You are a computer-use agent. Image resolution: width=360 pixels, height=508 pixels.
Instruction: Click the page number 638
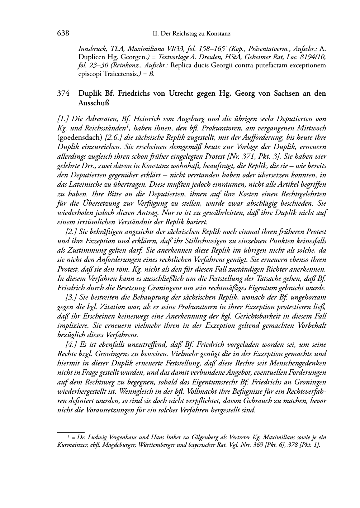click(63, 33)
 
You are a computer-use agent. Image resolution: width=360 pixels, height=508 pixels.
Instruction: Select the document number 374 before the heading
click(63, 94)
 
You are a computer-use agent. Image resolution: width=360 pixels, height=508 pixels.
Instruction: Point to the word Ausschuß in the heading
click(94, 103)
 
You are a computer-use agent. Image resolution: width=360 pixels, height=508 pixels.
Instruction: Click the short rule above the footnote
click(71, 432)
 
